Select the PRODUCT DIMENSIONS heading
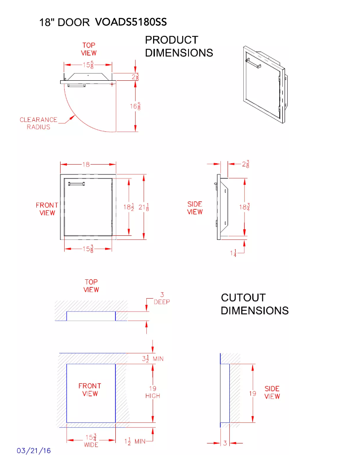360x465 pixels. tap(179, 47)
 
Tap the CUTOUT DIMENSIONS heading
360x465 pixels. tap(255, 304)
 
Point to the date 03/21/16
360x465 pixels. tap(34, 450)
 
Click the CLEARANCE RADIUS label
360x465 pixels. tap(39, 123)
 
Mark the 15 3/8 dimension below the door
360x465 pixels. tap(88, 249)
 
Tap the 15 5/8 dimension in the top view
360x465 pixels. tap(88, 65)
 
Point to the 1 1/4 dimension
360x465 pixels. tap(233, 253)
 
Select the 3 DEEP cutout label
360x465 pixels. tap(162, 298)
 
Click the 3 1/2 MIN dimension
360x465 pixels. tap(149, 358)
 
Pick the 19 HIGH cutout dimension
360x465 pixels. tap(153, 392)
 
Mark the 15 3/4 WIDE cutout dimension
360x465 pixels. tap(91, 440)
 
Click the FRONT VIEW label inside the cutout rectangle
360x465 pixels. tap(90, 389)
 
